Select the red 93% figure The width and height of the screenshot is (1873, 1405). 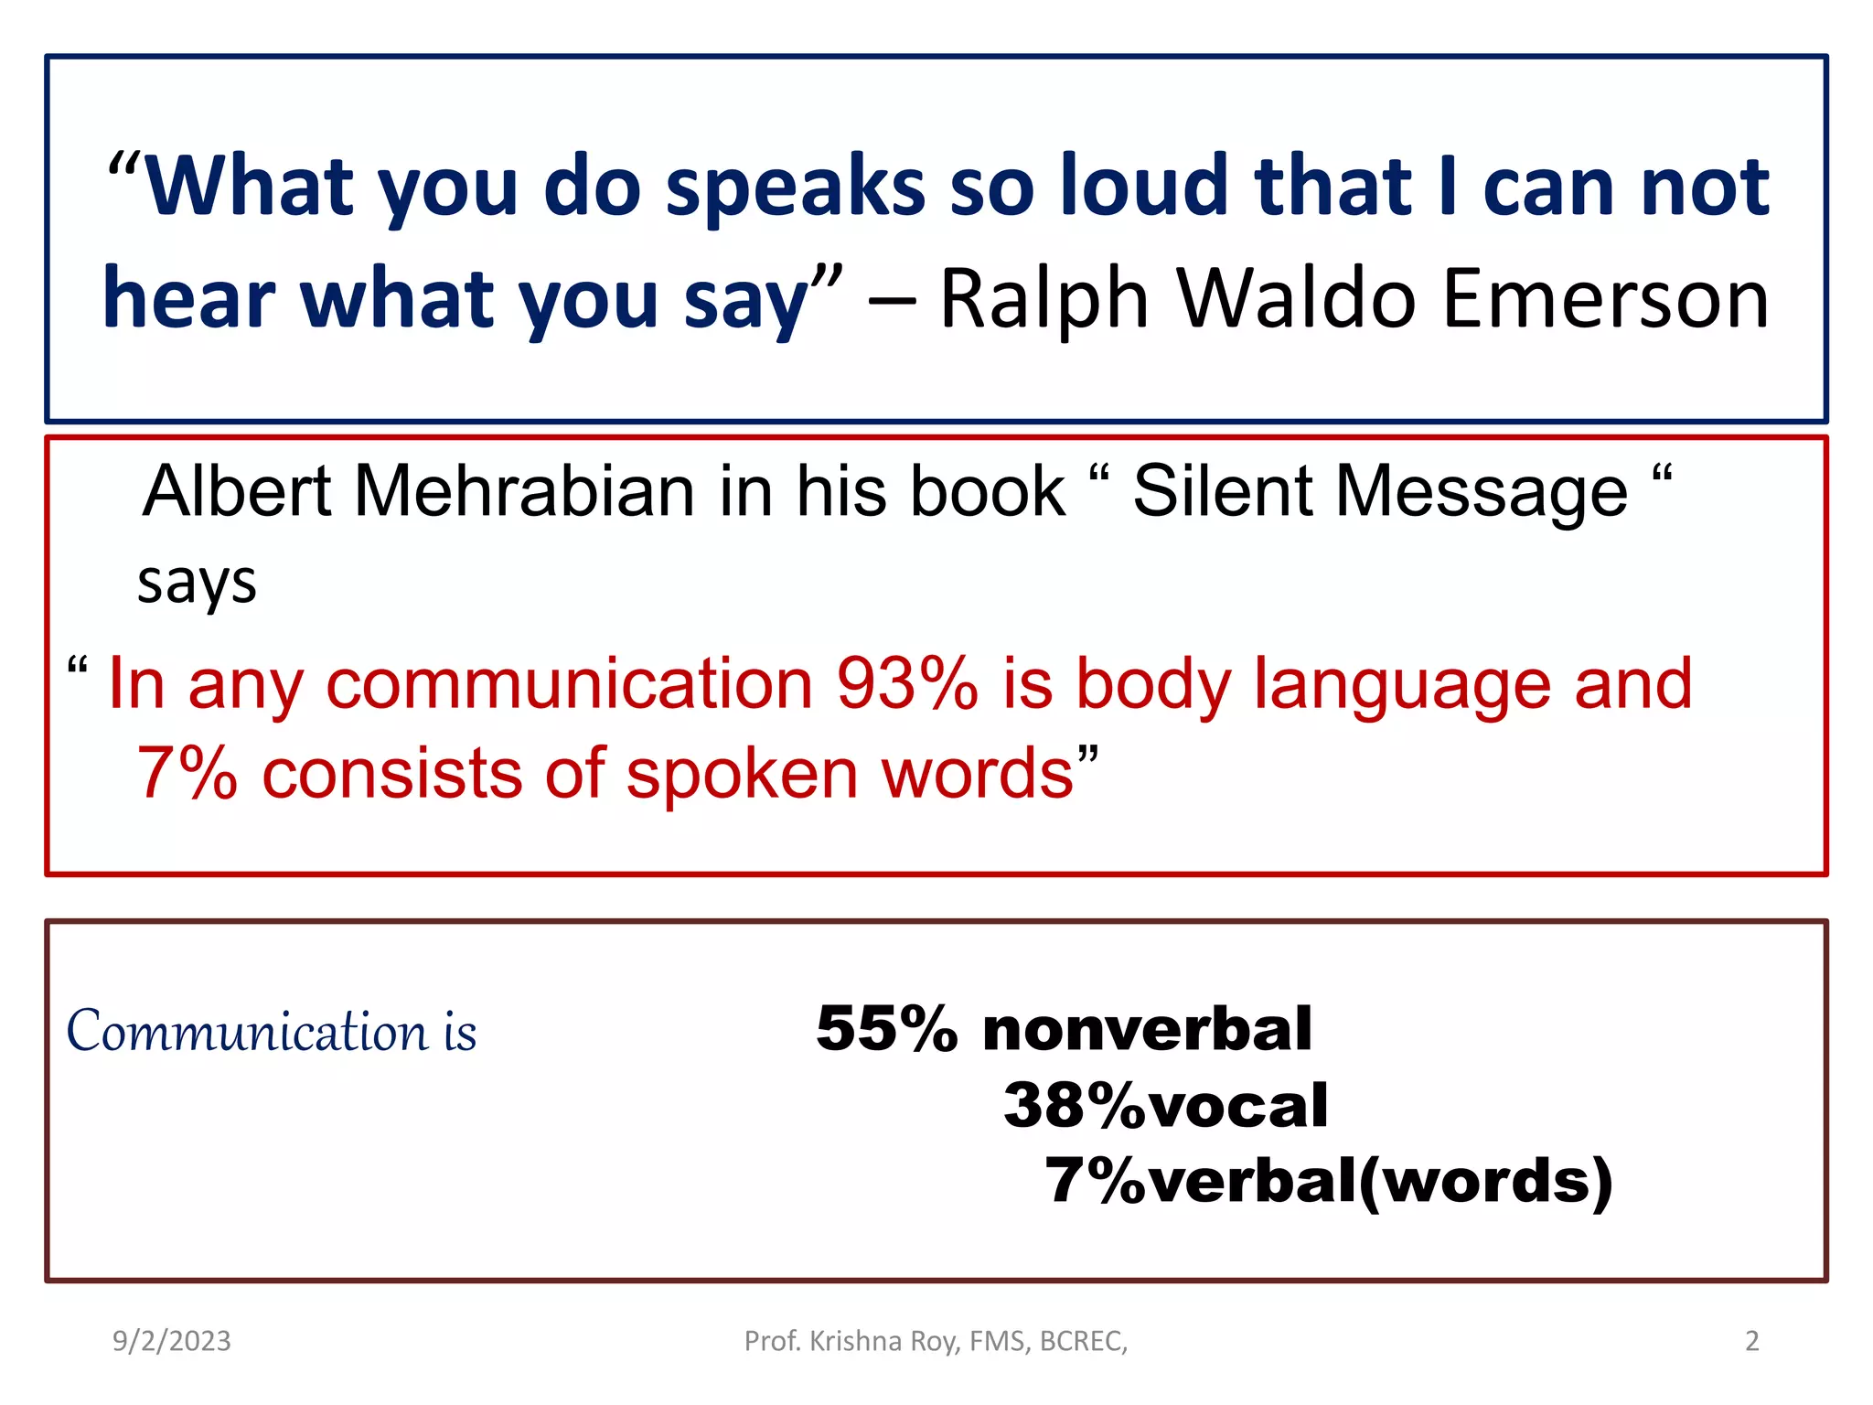(907, 683)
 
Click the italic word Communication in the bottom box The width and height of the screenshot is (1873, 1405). (247, 1032)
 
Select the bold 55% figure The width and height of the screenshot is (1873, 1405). (886, 1029)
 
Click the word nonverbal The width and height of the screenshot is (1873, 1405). (1147, 1029)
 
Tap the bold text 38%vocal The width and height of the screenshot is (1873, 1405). (1166, 1105)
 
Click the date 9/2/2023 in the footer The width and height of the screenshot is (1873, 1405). (172, 1341)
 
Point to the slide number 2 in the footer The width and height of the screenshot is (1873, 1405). (1751, 1341)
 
